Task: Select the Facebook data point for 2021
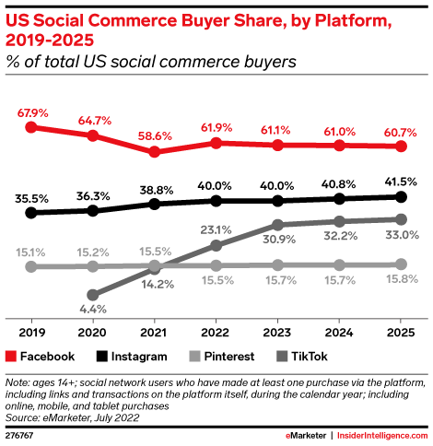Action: (x=154, y=152)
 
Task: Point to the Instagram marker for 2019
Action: (x=31, y=213)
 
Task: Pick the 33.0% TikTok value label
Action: (x=400, y=235)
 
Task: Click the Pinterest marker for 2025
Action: (x=401, y=264)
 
